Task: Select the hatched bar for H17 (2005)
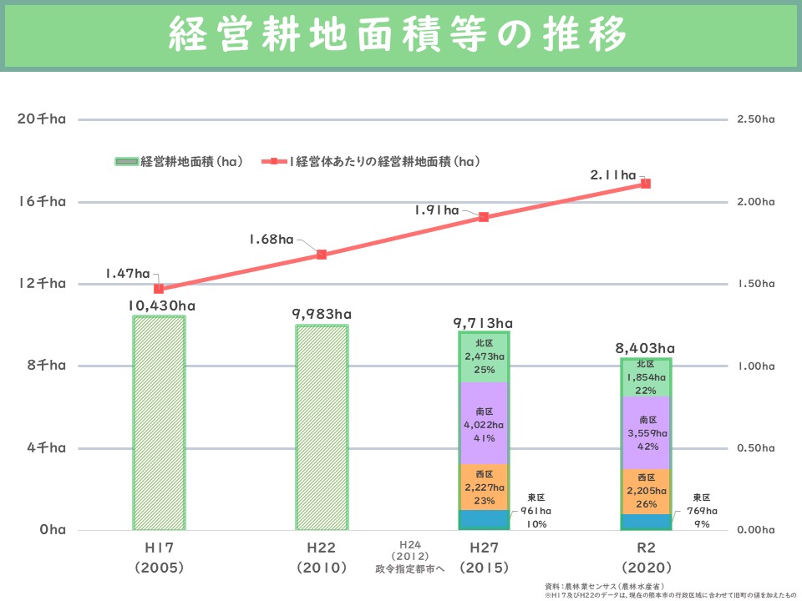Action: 159,422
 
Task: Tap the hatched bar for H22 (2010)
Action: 322,427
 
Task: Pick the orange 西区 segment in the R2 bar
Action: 647,491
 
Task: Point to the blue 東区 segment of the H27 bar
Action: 485,520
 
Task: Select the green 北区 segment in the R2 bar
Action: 647,377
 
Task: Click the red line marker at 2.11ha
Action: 646,184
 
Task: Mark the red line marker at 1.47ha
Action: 159,289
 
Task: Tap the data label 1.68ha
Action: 271,240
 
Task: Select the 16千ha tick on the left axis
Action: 41,201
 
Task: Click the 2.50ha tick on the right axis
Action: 756,120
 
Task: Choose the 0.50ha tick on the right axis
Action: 756,448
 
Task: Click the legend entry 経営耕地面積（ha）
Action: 179,161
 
